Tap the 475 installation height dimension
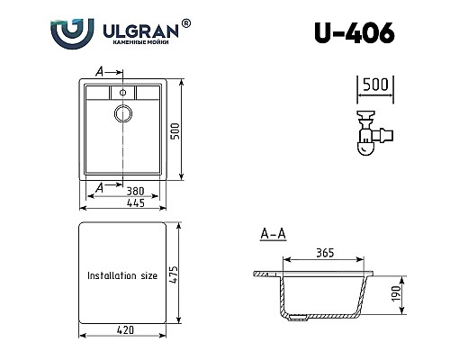pyautogui.click(x=185, y=273)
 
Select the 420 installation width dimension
pyautogui.click(x=122, y=330)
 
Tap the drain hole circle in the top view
pyautogui.click(x=122, y=112)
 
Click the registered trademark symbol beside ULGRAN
pyautogui.click(x=184, y=19)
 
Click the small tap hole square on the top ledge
pyautogui.click(x=121, y=91)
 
